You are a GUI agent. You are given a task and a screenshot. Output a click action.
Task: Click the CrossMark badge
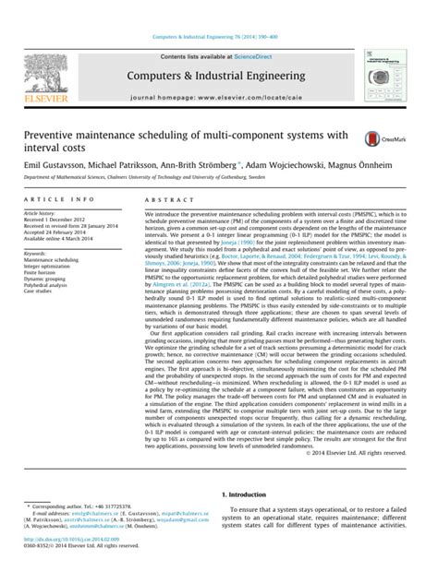pyautogui.click(x=380, y=138)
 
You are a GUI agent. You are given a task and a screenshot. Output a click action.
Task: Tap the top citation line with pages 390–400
pyautogui.click(x=219, y=37)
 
